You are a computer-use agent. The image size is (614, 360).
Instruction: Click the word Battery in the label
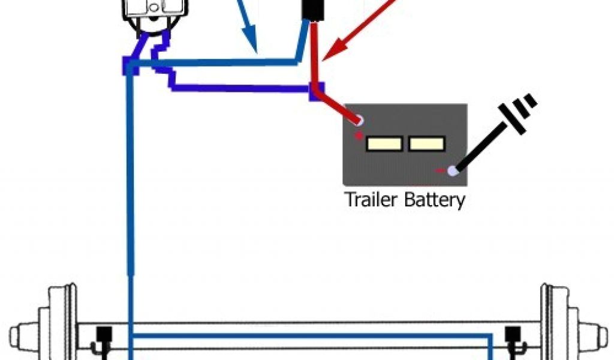click(434, 200)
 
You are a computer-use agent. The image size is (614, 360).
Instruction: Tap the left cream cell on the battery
click(384, 144)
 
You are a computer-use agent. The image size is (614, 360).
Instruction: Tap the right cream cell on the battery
click(426, 144)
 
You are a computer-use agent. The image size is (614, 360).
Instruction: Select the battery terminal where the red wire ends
click(359, 121)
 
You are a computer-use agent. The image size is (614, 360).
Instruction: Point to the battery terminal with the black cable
click(452, 171)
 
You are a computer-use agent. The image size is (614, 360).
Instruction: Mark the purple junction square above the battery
click(316, 90)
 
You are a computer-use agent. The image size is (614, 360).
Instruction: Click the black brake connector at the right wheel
click(513, 335)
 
